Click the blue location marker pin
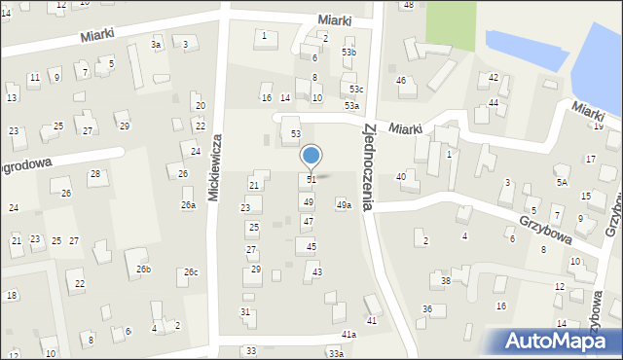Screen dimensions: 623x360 coord(311,157)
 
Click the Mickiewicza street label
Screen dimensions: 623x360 coord(217,168)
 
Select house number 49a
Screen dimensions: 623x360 coord(344,204)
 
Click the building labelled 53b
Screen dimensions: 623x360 coord(348,52)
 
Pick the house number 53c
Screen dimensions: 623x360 coord(356,89)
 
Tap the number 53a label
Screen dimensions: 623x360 coord(351,105)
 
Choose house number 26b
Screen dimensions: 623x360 coord(143,269)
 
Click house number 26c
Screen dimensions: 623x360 coord(191,271)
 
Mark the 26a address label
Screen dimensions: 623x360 coord(188,205)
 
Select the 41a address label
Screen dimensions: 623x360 coord(348,334)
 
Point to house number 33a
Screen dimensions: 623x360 coord(336,353)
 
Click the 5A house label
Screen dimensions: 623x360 coord(562,182)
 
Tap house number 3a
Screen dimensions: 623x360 coord(155,45)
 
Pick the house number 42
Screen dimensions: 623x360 coord(494,77)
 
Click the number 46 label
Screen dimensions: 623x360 coord(401,80)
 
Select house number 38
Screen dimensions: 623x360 coord(446,280)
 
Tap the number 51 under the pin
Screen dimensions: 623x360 coord(311,180)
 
